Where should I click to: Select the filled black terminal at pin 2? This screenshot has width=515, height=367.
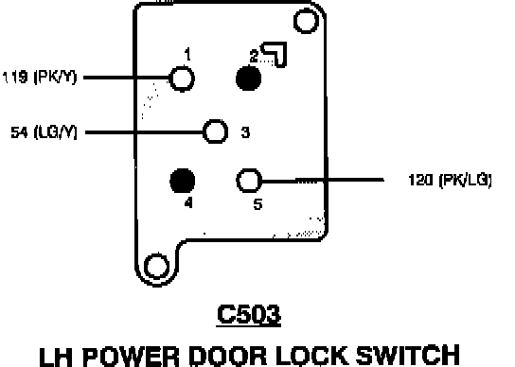249,79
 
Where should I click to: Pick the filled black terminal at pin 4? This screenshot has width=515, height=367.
183,181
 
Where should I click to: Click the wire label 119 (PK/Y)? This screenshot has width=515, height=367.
40,78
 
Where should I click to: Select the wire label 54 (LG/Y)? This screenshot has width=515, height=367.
44,132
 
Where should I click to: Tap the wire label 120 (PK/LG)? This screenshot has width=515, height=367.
450,181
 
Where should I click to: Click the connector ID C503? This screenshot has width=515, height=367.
249,314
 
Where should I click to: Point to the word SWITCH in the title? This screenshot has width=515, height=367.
408,356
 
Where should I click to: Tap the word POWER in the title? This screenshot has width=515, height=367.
131,356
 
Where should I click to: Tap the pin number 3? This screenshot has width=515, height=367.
245,132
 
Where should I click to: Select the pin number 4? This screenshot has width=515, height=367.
188,203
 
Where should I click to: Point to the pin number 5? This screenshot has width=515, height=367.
257,204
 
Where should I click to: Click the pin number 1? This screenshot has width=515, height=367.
187,55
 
